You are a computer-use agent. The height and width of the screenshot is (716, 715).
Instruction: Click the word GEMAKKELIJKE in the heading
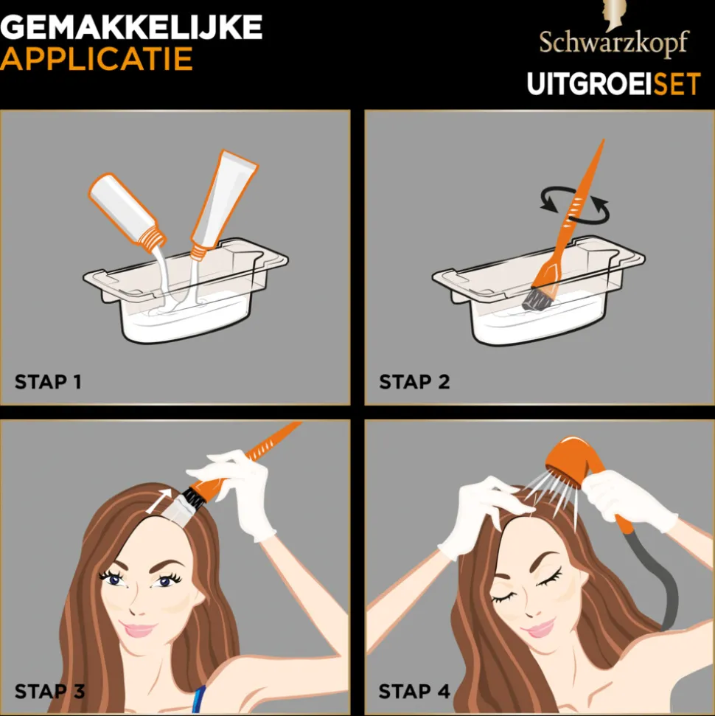click(x=130, y=28)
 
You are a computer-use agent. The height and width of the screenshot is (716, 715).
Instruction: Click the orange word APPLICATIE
click(x=97, y=60)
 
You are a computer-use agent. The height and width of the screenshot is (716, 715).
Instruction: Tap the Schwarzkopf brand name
click(x=613, y=44)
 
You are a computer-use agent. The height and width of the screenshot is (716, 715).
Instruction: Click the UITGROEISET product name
click(x=613, y=84)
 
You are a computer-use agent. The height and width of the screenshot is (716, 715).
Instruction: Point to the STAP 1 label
click(x=48, y=382)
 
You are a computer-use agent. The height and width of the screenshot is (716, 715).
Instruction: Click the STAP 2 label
click(x=414, y=382)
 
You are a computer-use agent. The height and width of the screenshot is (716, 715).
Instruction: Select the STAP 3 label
click(x=49, y=692)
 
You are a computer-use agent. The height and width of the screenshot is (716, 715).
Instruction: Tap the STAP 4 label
click(x=414, y=692)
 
